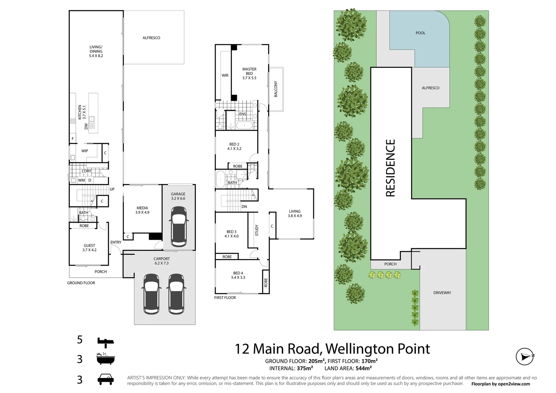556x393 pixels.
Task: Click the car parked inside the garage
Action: click(178, 226)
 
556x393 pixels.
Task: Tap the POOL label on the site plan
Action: click(420, 33)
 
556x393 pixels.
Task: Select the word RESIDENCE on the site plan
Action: click(390, 168)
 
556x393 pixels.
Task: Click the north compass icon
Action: click(525, 356)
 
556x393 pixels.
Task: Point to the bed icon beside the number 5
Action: click(106, 341)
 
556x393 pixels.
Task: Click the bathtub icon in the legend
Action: click(106, 359)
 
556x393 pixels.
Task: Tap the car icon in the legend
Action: click(106, 379)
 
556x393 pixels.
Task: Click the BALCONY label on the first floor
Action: click(276, 89)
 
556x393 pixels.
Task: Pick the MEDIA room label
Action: click(142, 210)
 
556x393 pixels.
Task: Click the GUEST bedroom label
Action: click(89, 248)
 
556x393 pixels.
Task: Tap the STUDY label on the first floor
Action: click(257, 230)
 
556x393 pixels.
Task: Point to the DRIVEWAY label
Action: click(442, 293)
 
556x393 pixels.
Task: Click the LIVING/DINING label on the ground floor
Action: click(96, 51)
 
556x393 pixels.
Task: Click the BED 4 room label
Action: click(238, 275)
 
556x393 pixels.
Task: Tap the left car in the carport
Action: click(151, 294)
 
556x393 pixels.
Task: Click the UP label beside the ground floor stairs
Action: click(112, 189)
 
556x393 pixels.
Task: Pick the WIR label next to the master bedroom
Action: click(225, 76)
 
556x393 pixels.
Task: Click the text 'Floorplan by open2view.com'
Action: click(500, 384)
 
